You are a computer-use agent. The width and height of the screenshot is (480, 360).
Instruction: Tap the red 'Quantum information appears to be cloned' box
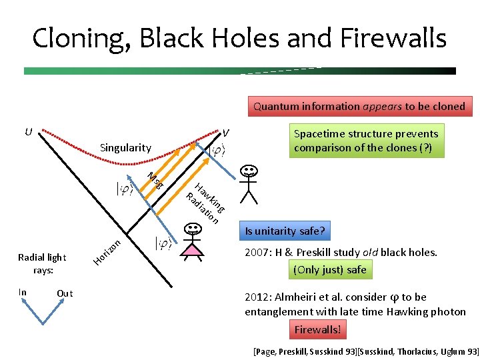tap(358, 106)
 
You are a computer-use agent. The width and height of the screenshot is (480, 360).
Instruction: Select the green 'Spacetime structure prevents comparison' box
tap(366, 141)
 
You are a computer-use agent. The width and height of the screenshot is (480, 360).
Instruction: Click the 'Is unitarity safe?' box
tap(285, 231)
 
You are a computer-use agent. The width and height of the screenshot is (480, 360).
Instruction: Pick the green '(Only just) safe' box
tap(330, 270)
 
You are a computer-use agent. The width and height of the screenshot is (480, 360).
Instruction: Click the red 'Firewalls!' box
tap(317, 329)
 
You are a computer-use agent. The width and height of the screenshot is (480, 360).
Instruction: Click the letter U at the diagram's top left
tap(28, 131)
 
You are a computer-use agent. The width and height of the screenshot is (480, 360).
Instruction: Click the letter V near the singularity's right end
tap(226, 132)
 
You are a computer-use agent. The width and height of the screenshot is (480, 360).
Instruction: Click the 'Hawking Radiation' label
tap(205, 202)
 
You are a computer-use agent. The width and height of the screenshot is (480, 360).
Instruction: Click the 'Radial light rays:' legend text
tap(43, 263)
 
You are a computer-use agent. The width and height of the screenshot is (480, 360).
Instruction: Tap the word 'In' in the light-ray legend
tap(23, 293)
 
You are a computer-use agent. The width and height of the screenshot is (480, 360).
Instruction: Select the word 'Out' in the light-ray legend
tap(65, 293)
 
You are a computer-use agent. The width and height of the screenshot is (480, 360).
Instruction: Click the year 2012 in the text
tap(257, 297)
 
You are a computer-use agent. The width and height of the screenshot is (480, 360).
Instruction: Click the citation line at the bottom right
tap(366, 351)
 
